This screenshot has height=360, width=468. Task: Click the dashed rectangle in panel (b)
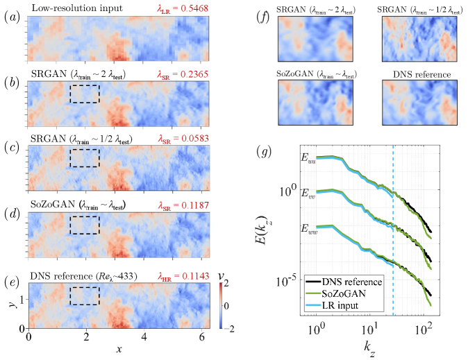pyautogui.click(x=85, y=95)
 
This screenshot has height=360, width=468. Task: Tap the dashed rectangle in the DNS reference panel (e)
pyautogui.click(x=85, y=295)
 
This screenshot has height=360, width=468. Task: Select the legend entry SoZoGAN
pyautogui.click(x=357, y=293)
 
